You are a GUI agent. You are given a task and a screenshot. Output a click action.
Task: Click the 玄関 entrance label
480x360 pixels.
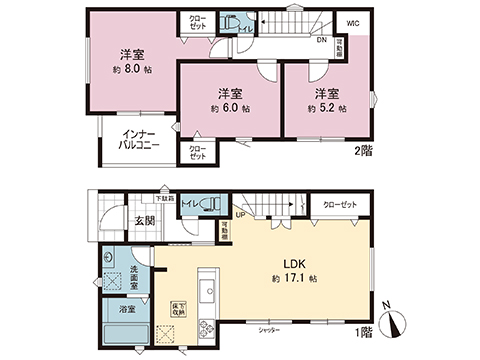click(143, 221)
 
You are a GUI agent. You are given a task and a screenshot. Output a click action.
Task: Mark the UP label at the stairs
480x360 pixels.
click(240, 214)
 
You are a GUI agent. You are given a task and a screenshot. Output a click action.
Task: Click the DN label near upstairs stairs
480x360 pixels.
click(322, 41)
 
